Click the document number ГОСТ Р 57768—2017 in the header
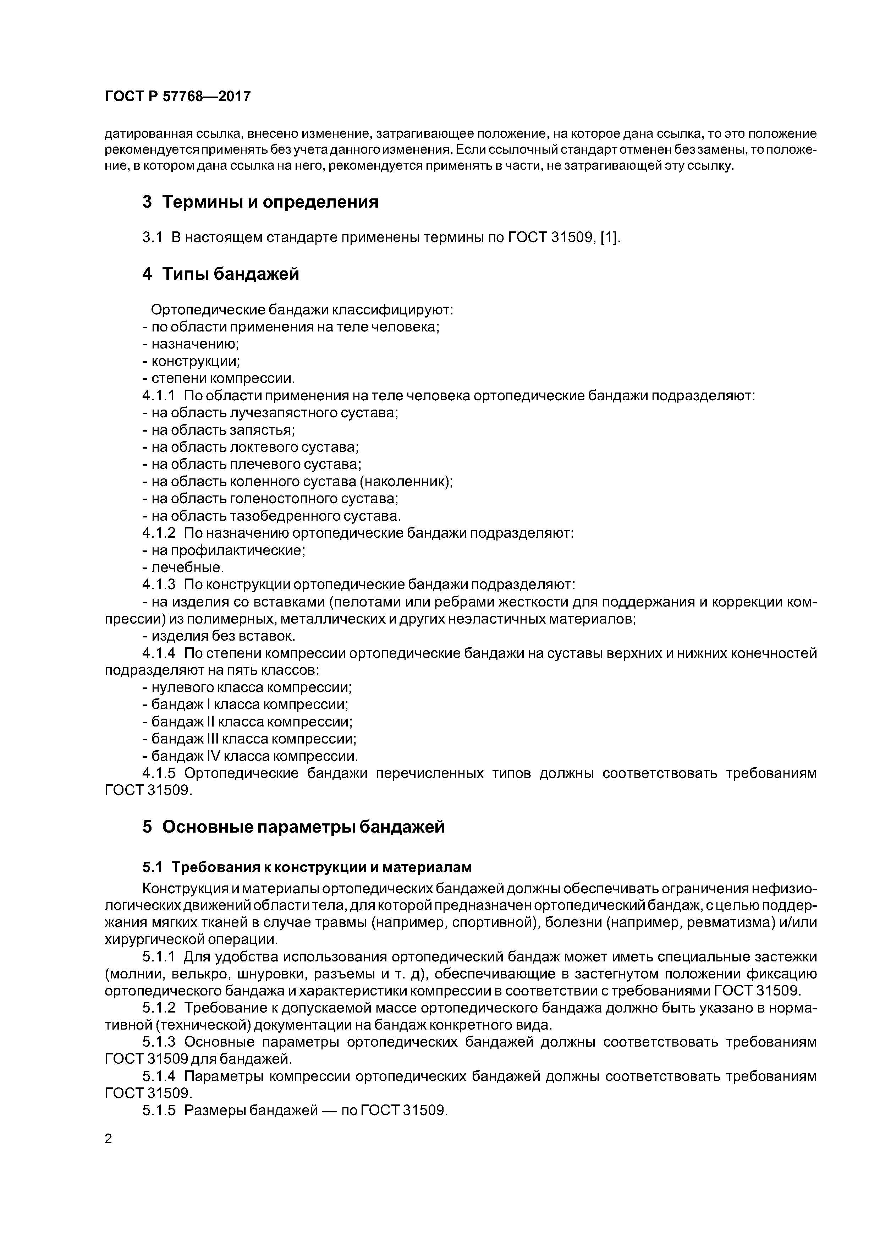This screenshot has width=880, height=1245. click(177, 97)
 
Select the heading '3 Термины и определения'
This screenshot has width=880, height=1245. click(260, 202)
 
